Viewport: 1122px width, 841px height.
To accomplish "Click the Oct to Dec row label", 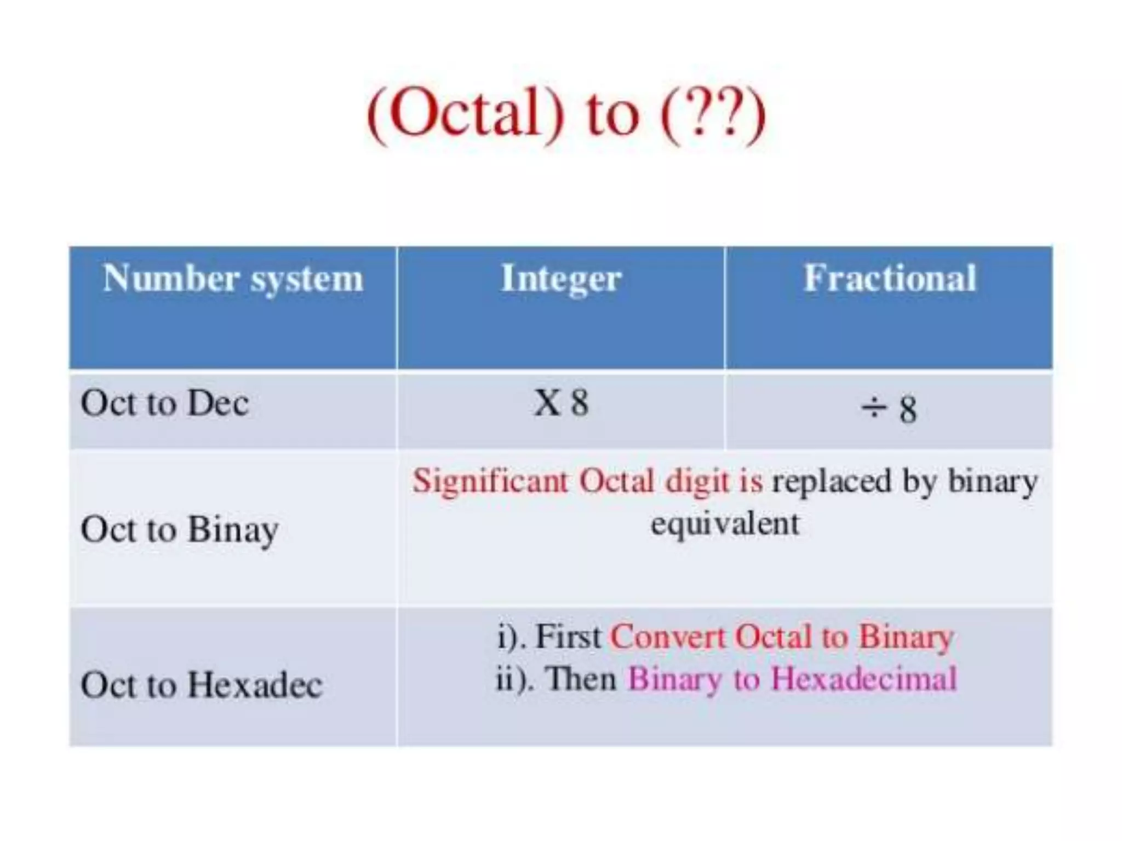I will coord(164,404).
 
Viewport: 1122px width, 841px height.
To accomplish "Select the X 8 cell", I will coord(561,404).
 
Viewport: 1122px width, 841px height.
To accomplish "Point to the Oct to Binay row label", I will coord(179,529).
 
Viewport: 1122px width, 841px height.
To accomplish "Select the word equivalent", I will coord(724,524).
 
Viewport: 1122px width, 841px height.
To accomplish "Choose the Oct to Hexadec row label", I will coord(201,684).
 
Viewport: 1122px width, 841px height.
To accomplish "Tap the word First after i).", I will coord(568,637).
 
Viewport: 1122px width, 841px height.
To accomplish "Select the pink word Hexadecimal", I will coord(863,679).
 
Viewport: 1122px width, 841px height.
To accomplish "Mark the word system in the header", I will coord(307,279).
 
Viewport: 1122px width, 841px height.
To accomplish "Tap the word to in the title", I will coord(612,115).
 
